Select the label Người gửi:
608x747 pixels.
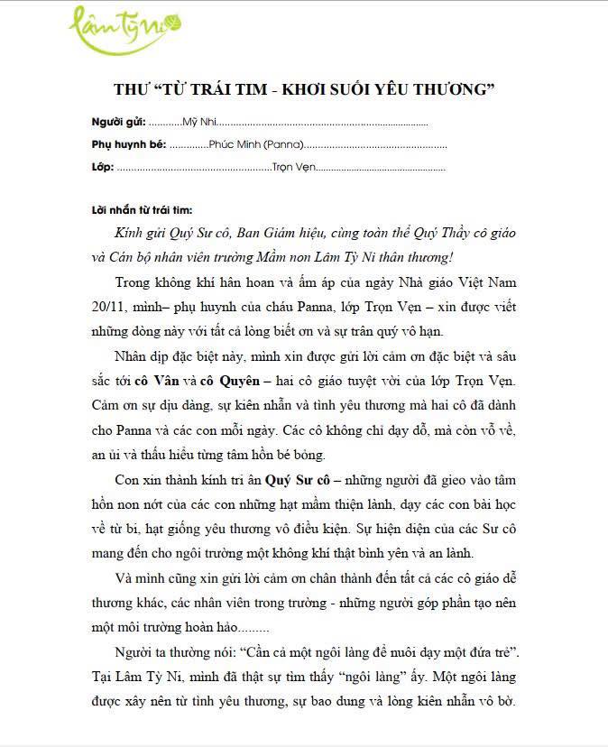point(118,122)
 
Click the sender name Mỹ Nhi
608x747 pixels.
point(198,122)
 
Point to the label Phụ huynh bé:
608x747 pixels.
point(128,144)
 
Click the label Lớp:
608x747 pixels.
point(102,167)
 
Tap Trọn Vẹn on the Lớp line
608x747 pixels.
point(290,167)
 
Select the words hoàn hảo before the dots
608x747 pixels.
point(215,628)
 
